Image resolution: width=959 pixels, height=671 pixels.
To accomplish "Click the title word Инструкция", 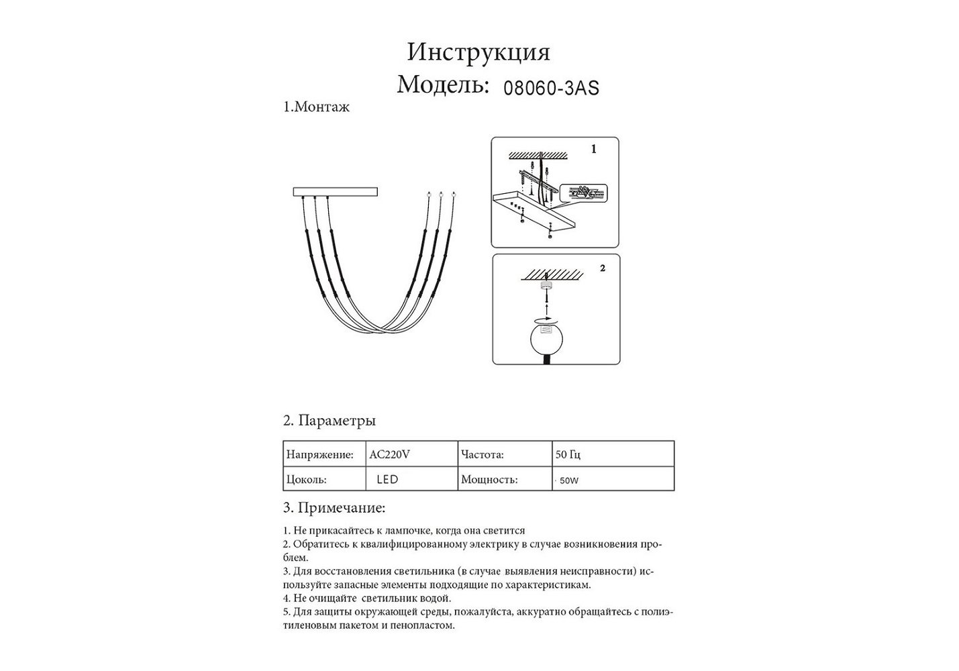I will pos(478,52).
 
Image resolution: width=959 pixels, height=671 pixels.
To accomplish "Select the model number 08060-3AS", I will pos(551,88).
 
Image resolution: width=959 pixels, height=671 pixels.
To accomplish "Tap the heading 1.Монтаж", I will pos(316,107).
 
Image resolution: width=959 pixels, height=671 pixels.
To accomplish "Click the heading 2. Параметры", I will pos(329,421).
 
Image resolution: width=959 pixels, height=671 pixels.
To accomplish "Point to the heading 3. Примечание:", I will pos(334,508).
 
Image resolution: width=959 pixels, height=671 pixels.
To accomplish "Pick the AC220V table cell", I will pos(389,454).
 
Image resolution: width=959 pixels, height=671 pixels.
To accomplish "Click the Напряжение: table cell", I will pos(319,454).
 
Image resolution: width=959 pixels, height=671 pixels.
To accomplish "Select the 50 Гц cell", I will pos(568,454).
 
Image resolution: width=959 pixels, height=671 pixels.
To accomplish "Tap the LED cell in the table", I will pos(387,479).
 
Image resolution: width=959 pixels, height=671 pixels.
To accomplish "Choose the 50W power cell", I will pos(568,480).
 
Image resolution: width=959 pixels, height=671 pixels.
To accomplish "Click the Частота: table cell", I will pos(482,454).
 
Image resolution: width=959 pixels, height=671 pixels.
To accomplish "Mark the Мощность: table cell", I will pos(489,479).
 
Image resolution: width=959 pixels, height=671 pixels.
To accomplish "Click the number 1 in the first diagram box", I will pos(593,150).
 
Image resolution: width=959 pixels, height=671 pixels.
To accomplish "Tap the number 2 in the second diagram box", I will pos(603,268).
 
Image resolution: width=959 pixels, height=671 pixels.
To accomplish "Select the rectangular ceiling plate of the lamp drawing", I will pos(335,192).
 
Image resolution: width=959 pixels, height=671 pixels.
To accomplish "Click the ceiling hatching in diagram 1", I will pos(538,156).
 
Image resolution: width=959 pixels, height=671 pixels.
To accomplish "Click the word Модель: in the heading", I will pos(442,85).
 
